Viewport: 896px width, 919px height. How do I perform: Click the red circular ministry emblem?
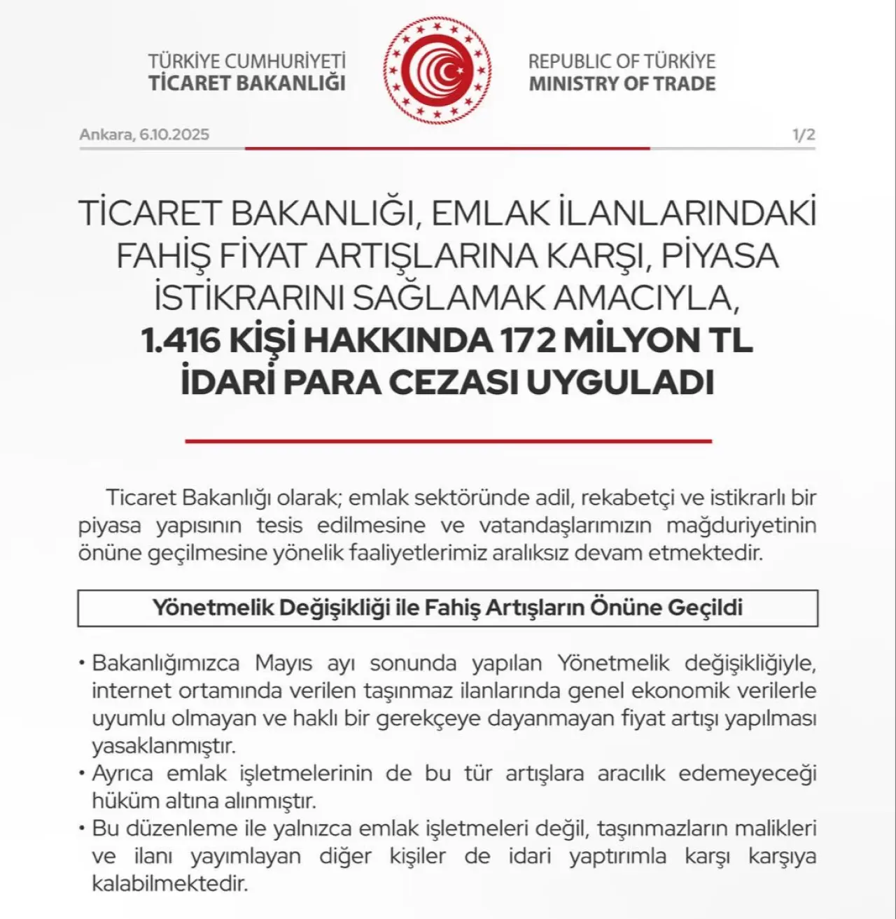coord(437,70)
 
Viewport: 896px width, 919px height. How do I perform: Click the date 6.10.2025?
coord(174,134)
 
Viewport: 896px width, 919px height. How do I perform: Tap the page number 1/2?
coord(804,134)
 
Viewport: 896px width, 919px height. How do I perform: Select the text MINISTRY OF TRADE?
coord(622,84)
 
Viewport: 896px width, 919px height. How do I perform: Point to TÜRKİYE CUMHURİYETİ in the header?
coord(246,61)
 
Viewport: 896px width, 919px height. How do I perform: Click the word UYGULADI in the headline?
coord(619,383)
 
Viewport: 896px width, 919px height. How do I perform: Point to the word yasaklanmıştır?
coord(164,746)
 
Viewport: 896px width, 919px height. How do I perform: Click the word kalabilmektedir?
coord(169,883)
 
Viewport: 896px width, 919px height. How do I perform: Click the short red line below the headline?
coord(448,442)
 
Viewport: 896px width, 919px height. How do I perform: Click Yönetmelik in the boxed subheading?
coord(212,608)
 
